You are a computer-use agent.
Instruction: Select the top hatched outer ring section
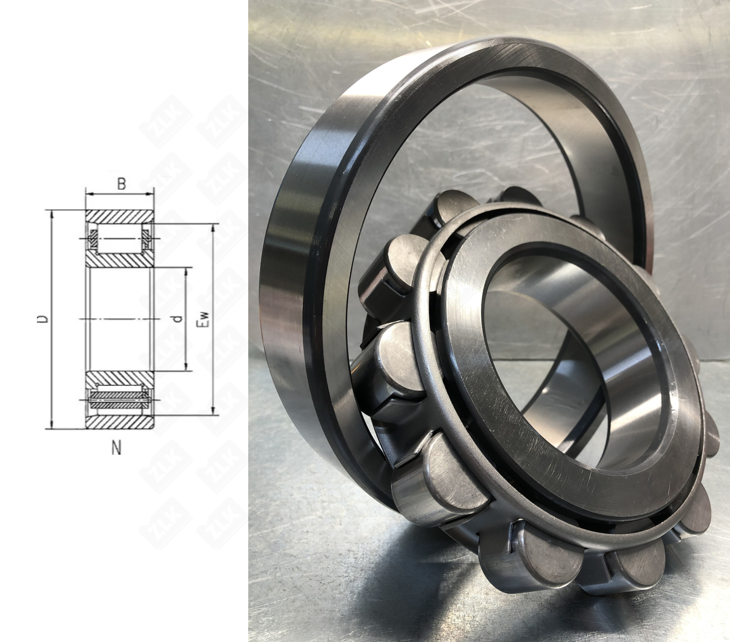[120, 217]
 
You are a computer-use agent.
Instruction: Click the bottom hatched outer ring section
[120, 422]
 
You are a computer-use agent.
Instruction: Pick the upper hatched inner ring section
[120, 260]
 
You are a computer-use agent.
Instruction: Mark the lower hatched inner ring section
[120, 379]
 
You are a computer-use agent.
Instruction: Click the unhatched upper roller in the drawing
[120, 239]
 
